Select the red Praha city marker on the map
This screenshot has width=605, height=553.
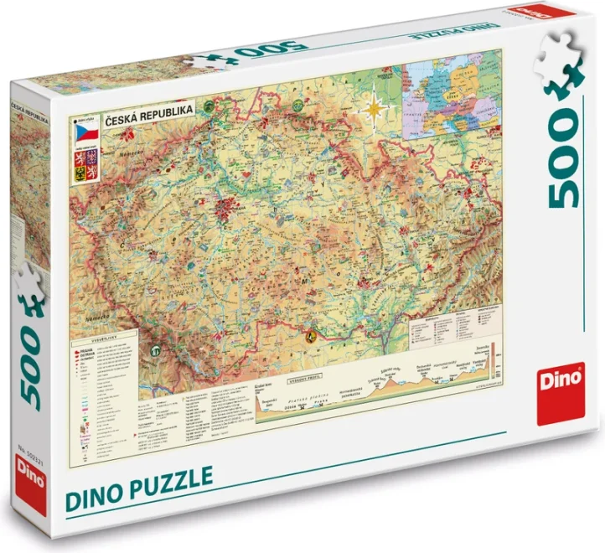225,209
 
